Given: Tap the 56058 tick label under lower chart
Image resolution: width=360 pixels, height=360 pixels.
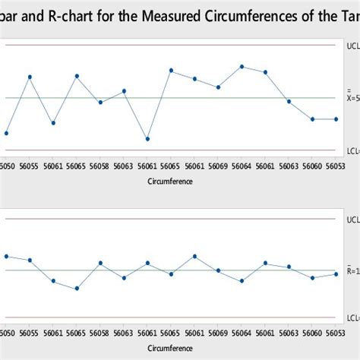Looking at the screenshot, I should pos(100,334).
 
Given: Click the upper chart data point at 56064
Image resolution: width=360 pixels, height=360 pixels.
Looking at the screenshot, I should pos(242,66).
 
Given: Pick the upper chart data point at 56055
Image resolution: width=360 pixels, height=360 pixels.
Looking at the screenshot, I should pos(30,77).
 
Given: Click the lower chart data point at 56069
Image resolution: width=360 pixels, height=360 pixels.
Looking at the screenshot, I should pos(218,270).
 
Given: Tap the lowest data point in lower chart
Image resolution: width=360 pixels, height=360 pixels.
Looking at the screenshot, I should pos(77,289).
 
